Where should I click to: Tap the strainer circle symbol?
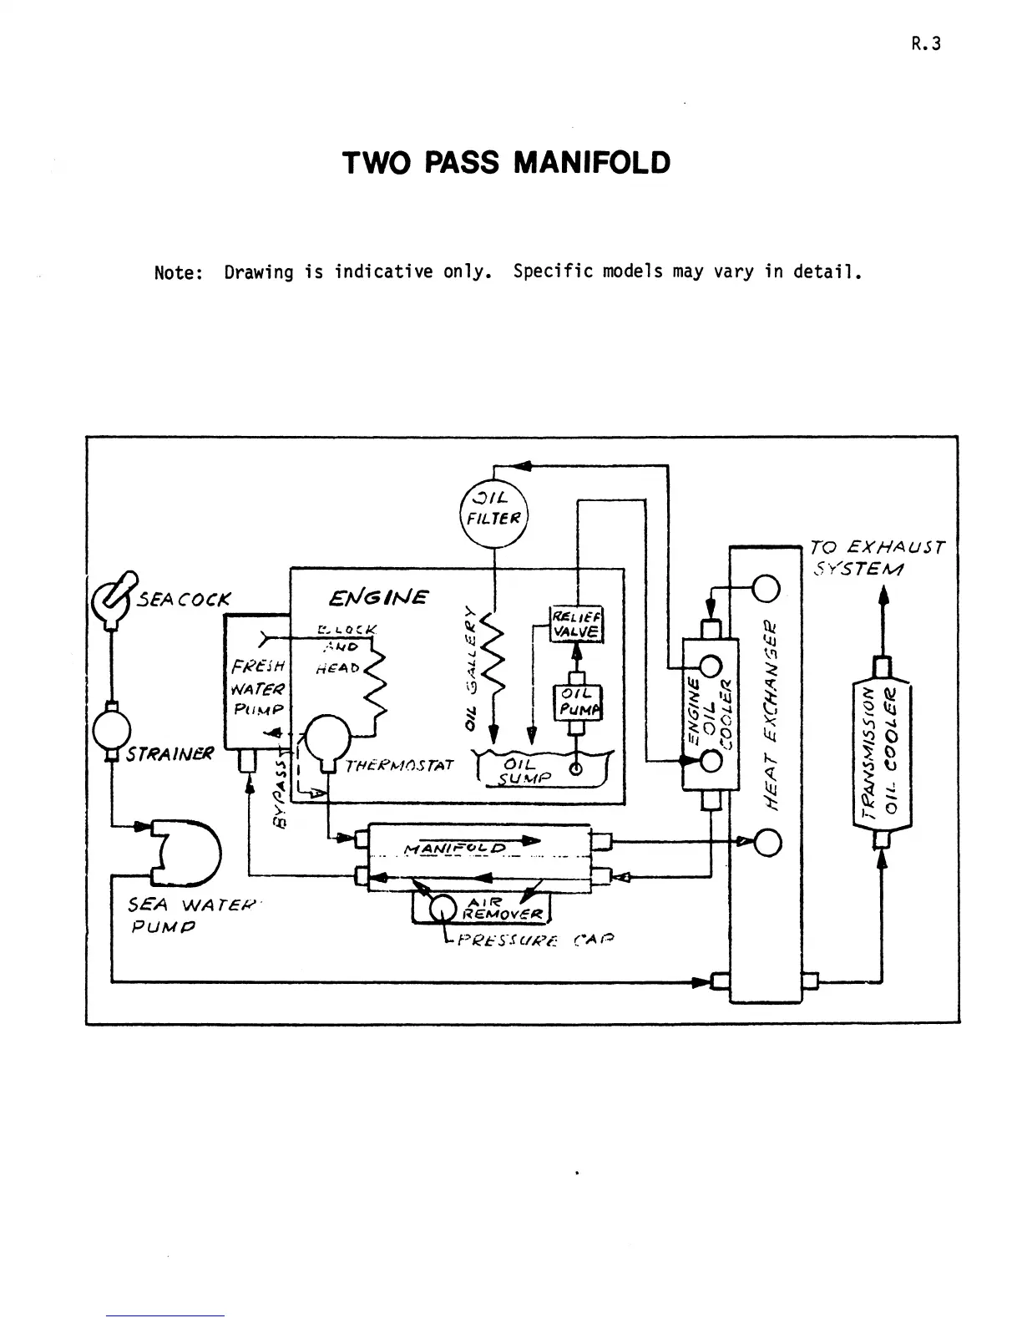coord(109,729)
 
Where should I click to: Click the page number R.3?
coord(926,44)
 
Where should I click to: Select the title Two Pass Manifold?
coord(506,162)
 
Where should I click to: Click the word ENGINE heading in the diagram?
coord(378,598)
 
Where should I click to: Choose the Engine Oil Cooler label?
coord(708,712)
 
